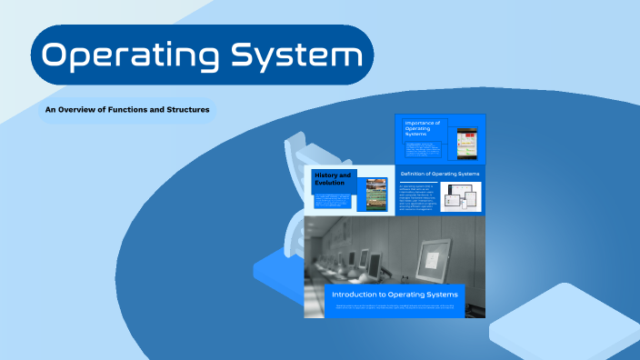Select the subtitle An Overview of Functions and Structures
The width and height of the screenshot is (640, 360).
click(127, 110)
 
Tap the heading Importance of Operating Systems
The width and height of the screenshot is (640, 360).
click(423, 128)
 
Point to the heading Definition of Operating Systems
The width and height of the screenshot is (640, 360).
click(440, 173)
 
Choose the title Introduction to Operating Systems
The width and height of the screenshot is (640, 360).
click(394, 295)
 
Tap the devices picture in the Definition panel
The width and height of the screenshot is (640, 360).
click(461, 197)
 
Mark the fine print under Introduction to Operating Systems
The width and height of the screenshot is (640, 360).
click(395, 308)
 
